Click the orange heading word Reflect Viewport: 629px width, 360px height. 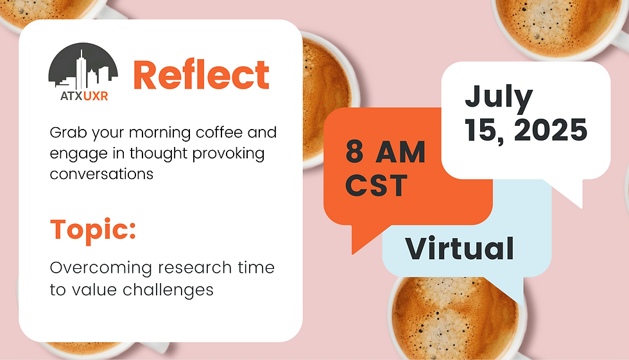[x=201, y=76]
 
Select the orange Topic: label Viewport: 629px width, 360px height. [x=93, y=230]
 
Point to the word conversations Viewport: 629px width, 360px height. [x=101, y=173]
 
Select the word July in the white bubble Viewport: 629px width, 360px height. [x=499, y=97]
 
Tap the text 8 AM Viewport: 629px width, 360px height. [x=385, y=153]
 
